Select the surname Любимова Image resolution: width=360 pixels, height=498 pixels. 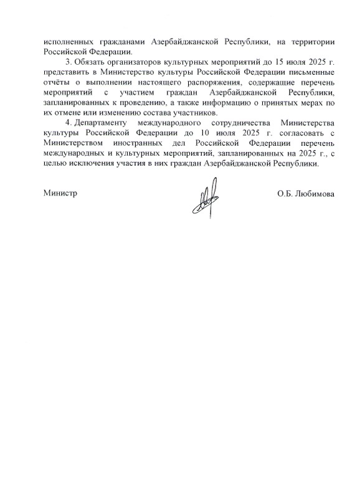coord(315,194)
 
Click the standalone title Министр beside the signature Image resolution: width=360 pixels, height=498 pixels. coord(60,193)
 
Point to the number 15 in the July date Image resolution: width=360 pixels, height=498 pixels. coord(282,63)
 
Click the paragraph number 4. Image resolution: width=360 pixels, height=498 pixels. coord(67,124)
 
